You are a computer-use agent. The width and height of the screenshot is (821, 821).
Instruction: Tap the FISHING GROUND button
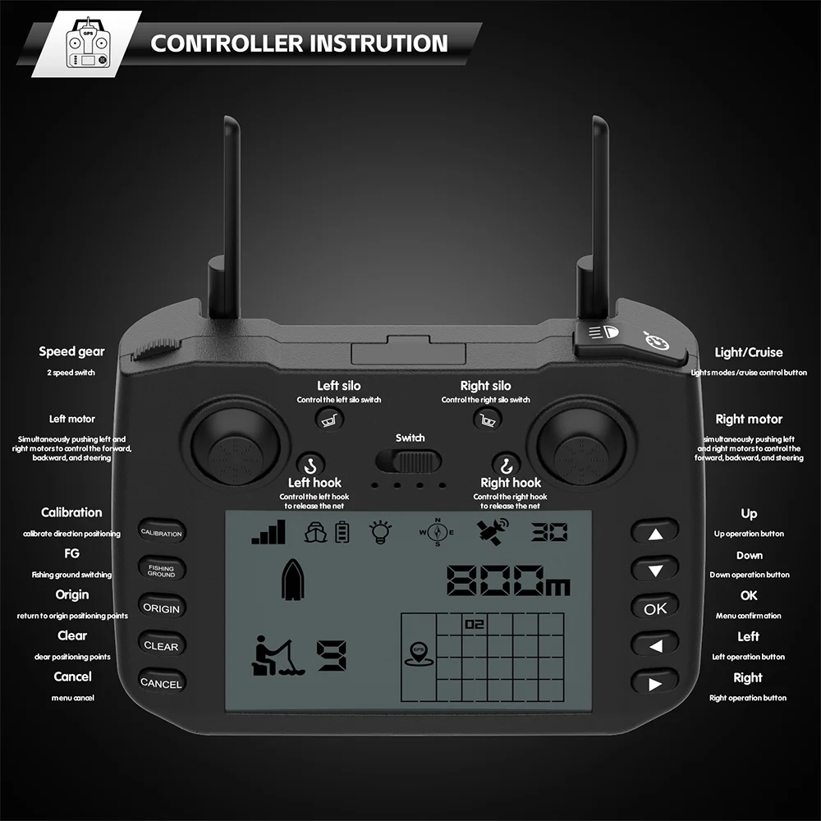(x=161, y=571)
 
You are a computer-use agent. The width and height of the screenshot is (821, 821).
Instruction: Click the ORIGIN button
(x=161, y=608)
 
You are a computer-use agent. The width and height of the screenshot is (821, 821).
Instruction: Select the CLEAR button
(x=161, y=646)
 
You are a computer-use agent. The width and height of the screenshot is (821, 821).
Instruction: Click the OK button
(x=655, y=608)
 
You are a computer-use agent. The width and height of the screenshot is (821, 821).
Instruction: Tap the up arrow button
(x=655, y=534)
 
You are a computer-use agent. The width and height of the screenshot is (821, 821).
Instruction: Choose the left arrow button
(x=655, y=646)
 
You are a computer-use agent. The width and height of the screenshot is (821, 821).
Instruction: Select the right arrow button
(x=655, y=683)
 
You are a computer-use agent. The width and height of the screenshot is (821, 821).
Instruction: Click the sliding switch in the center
(x=409, y=461)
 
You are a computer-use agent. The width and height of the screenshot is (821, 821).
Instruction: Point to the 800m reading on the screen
(x=508, y=580)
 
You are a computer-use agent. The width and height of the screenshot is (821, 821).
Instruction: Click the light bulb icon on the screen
(x=379, y=531)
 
